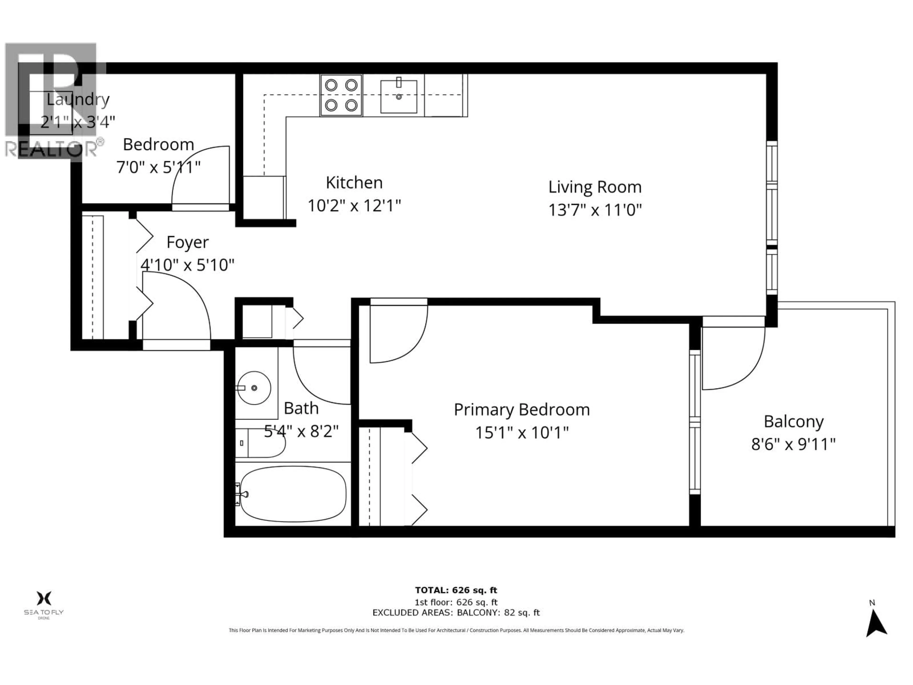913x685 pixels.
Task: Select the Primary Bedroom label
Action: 521,410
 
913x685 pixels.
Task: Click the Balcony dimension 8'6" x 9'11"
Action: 793,445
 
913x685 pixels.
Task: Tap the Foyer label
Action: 187,242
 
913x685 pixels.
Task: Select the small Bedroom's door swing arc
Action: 200,176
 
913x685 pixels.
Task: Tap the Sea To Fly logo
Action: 44,603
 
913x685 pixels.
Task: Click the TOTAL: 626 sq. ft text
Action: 456,590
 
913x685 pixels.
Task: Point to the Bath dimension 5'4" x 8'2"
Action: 301,432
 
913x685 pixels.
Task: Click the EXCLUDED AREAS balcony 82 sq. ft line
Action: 456,613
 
